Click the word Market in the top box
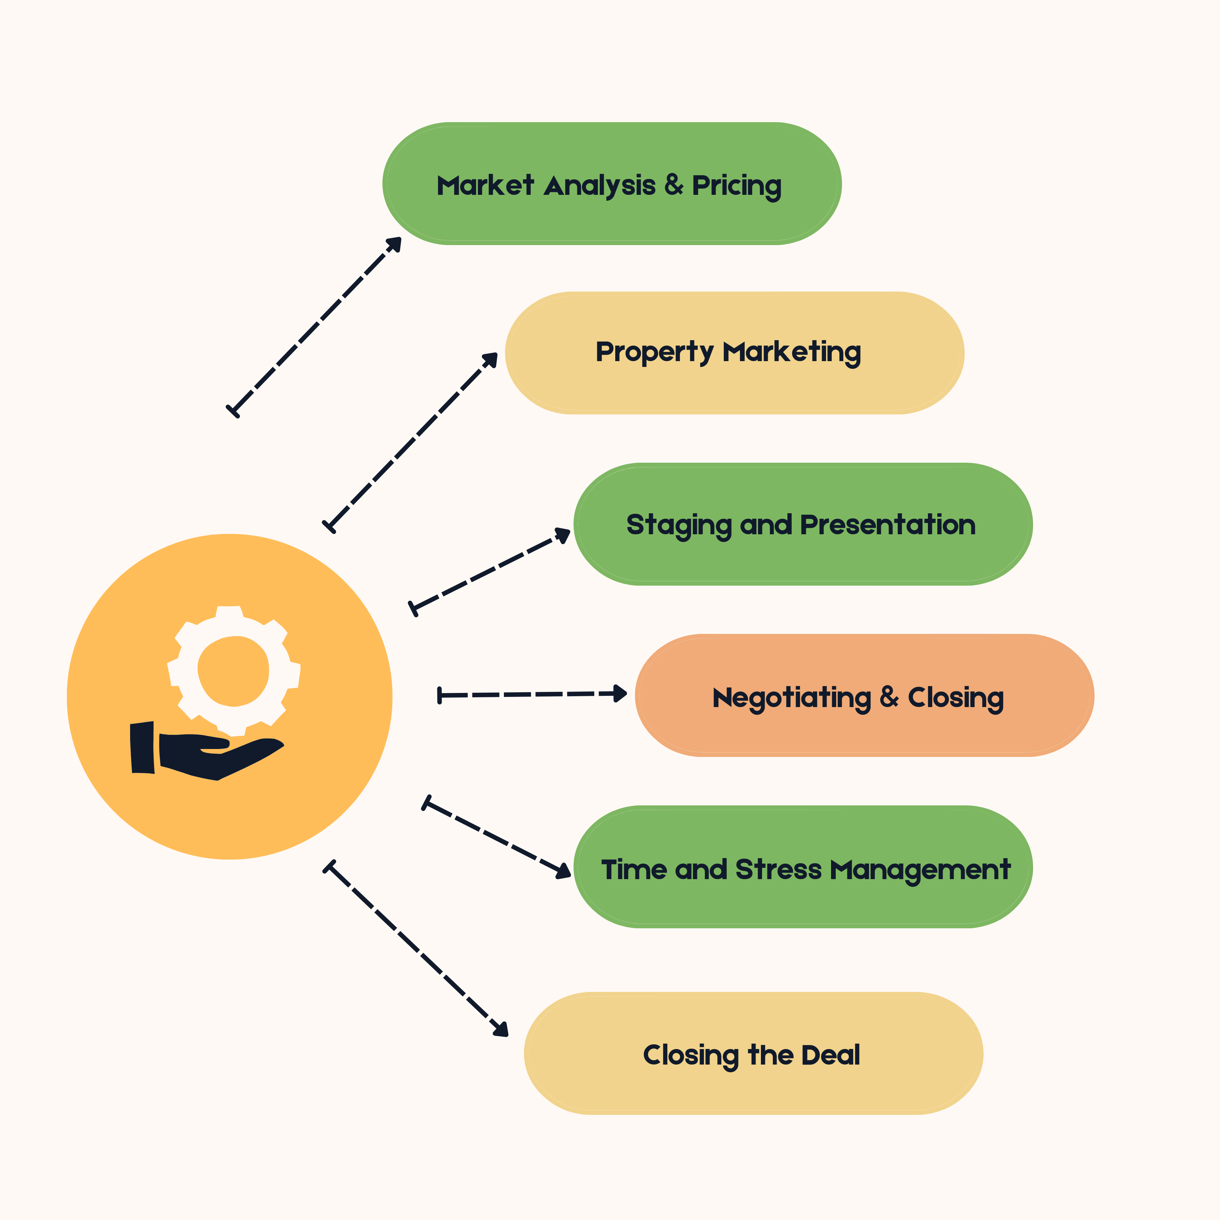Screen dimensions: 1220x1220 [x=485, y=186]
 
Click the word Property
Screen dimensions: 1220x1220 [x=654, y=352]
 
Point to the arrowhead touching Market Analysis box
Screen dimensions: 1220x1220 [x=395, y=243]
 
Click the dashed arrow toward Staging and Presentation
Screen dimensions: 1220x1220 [x=489, y=572]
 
